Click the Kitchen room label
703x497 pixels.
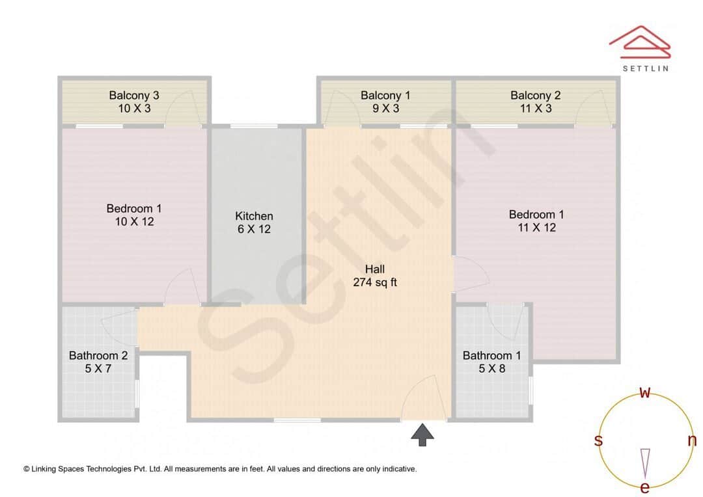coord(254,222)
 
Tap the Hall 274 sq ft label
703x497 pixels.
coord(375,276)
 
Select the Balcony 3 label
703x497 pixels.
coord(134,101)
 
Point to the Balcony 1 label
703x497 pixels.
coord(385,101)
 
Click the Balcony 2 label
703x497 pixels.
coord(535,101)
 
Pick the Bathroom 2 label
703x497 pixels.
coord(98,362)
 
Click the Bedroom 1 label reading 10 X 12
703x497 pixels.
coord(134,215)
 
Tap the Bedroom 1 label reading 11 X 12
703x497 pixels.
coord(536,221)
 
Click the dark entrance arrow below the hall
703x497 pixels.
coord(422,435)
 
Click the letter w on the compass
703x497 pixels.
coord(645,392)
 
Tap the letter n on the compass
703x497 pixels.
coord(692,440)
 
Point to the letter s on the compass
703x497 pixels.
coord(598,440)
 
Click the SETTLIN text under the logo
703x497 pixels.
coord(645,68)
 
